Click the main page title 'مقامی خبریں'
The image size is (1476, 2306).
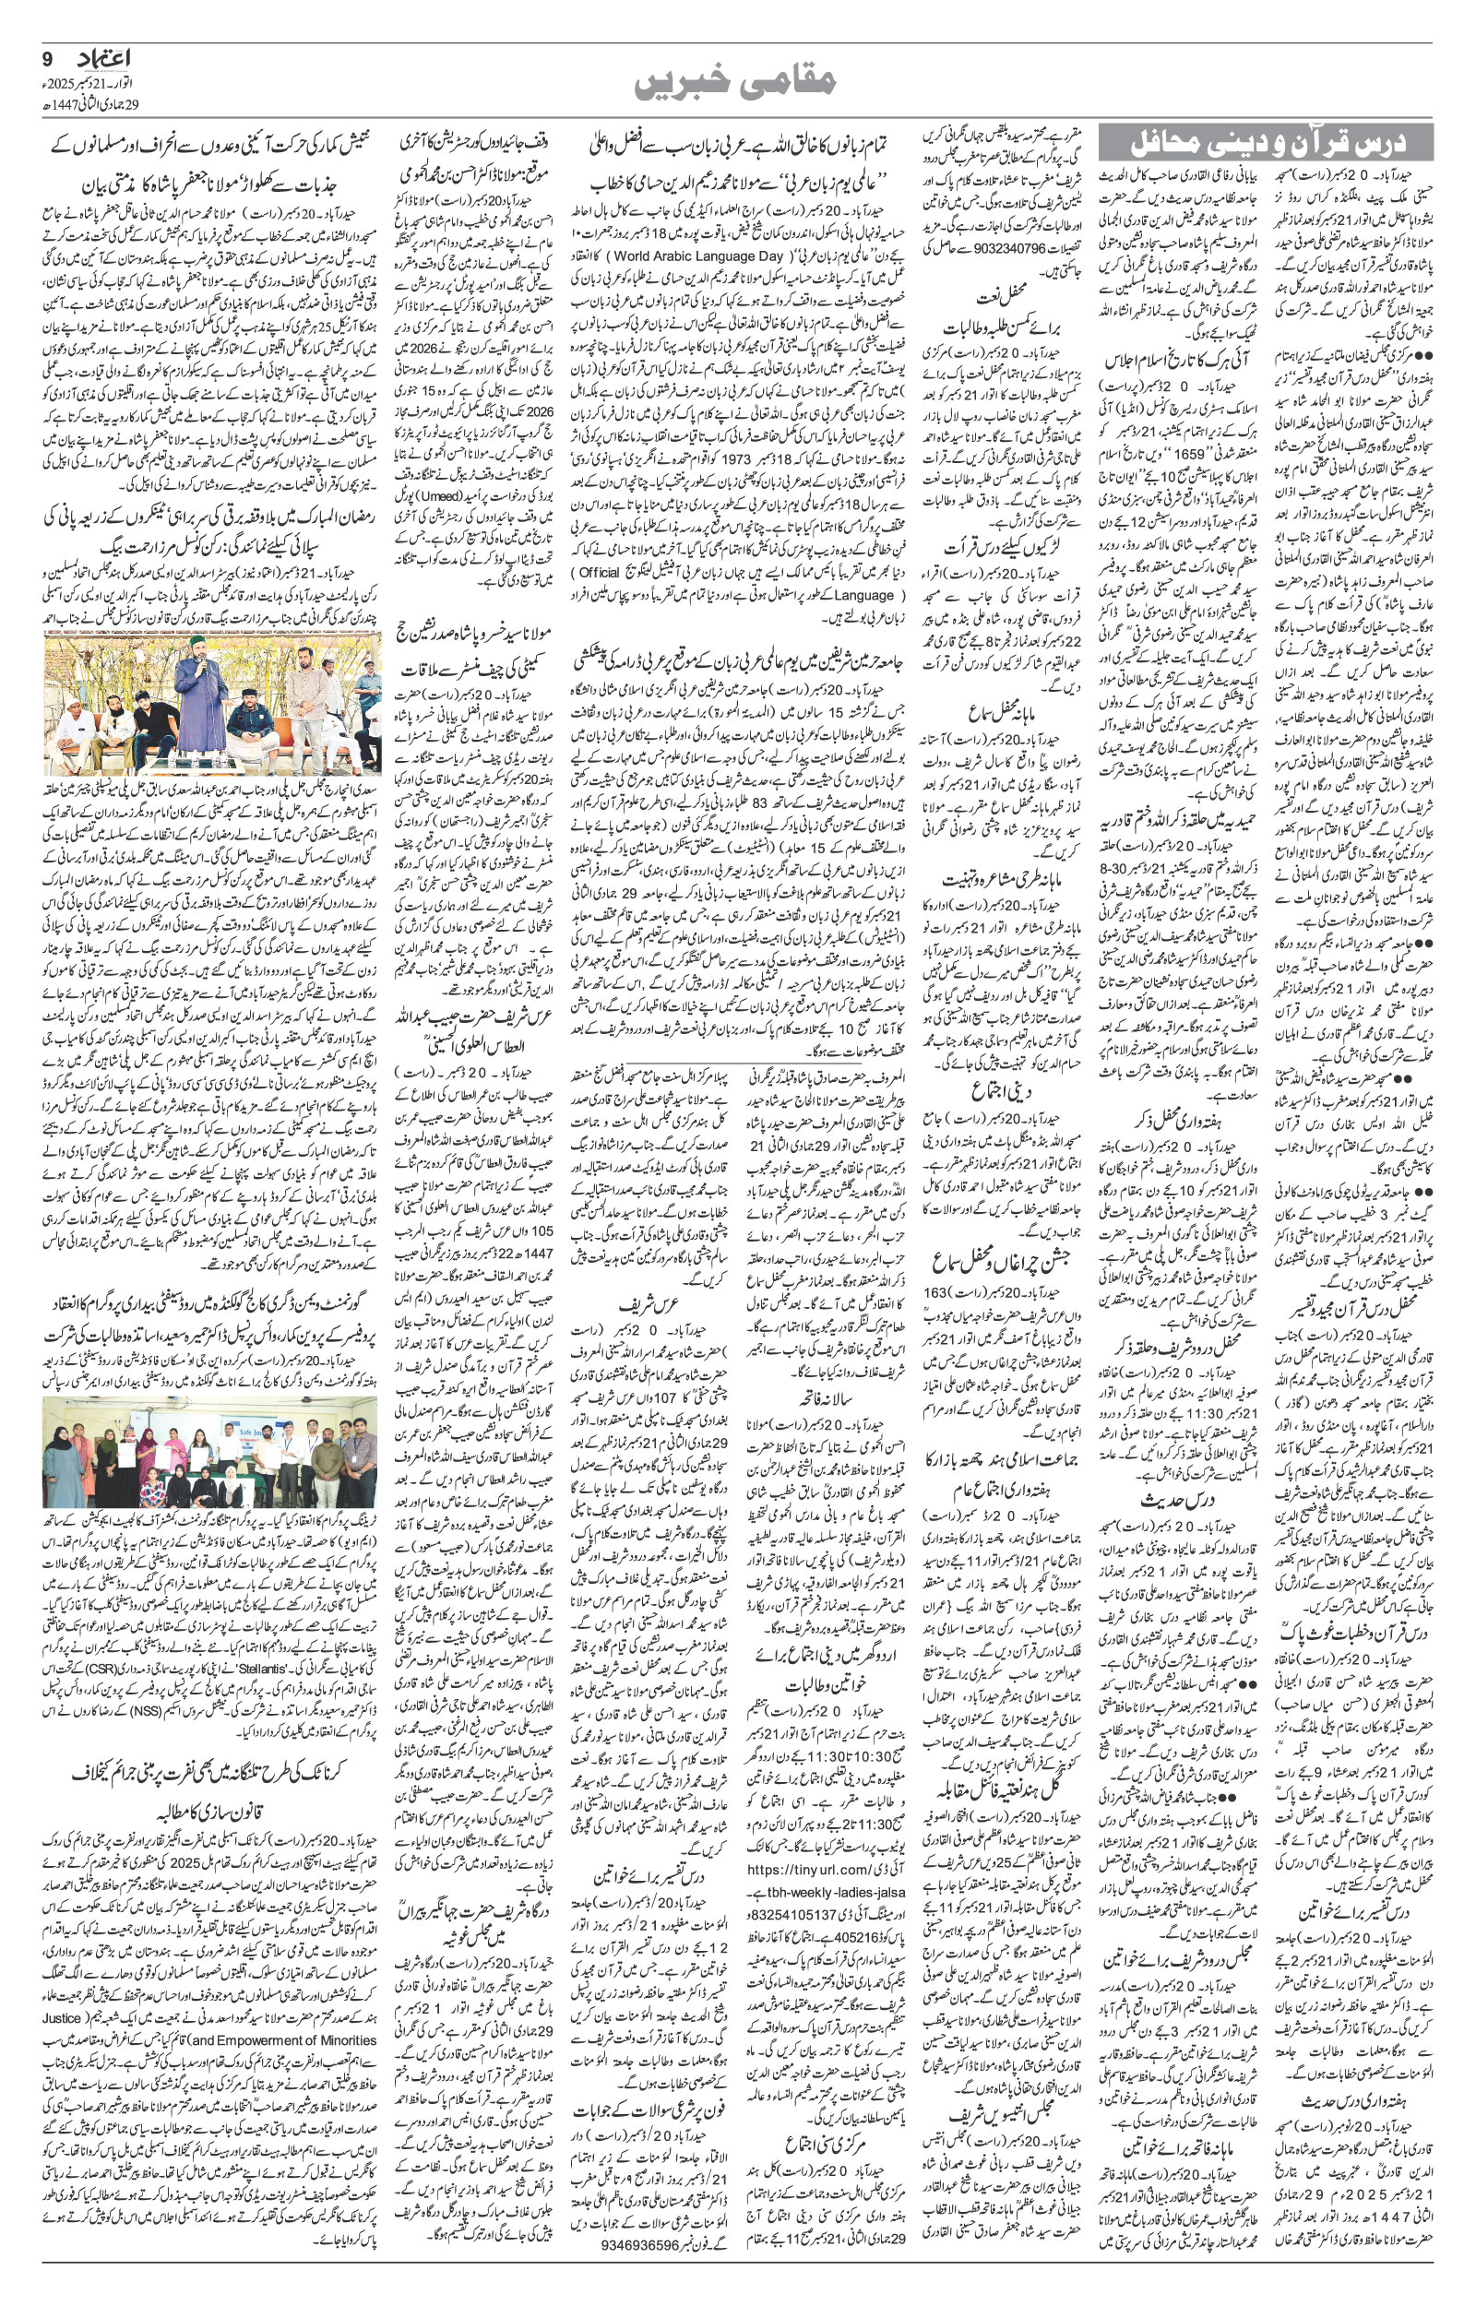click(737, 83)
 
